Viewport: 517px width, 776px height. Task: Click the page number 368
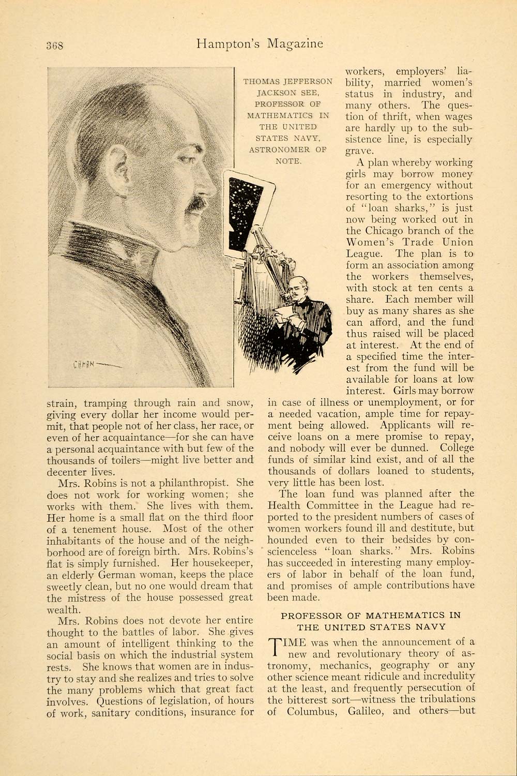pos(54,44)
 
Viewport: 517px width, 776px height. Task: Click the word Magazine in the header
pos(295,43)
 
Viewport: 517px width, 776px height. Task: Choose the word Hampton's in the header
pos(229,44)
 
